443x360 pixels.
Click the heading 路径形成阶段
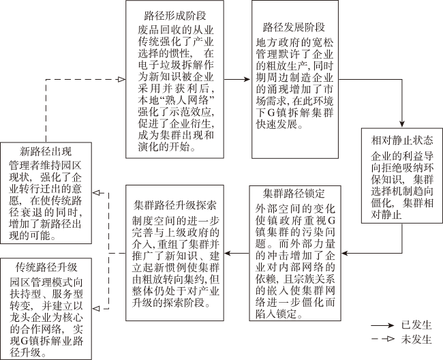point(175,16)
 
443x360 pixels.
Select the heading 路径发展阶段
point(294,27)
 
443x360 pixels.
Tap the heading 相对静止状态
point(401,140)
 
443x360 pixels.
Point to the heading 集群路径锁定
point(294,194)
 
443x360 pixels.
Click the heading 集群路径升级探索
point(175,205)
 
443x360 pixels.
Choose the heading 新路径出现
point(46,151)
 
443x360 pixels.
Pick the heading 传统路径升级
point(46,267)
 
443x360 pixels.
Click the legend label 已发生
point(416,325)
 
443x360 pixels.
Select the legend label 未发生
point(416,339)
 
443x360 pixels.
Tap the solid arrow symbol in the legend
point(382,325)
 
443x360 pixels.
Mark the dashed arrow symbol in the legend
point(382,339)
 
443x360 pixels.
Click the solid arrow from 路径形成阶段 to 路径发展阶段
point(236,79)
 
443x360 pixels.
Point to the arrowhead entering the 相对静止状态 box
point(401,124)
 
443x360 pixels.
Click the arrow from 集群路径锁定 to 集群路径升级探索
point(236,253)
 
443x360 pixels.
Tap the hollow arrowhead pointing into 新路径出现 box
point(96,193)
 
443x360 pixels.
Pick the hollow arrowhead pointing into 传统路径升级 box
point(96,309)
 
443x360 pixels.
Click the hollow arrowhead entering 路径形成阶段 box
point(121,79)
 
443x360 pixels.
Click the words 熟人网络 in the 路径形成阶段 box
point(187,101)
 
